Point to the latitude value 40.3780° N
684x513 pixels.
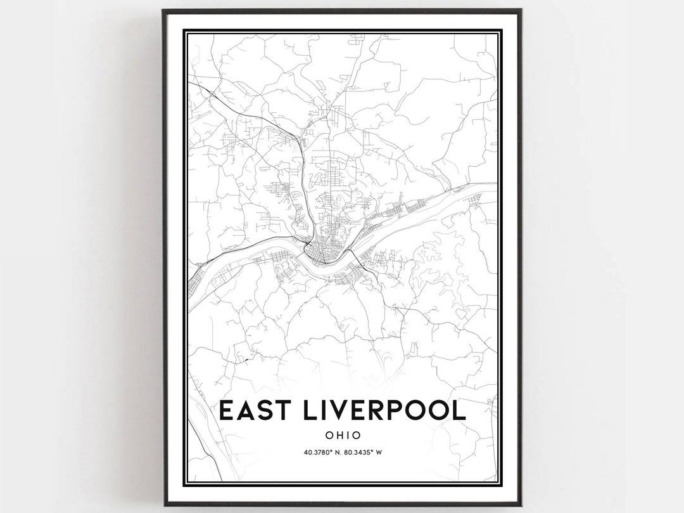pyautogui.click(x=319, y=452)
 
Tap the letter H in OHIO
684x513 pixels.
pyautogui.click(x=336, y=436)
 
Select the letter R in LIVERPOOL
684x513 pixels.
pyautogui.click(x=388, y=410)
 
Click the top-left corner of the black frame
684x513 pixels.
pyautogui.click(x=163, y=10)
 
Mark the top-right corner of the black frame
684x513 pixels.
pyautogui.click(x=521, y=10)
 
